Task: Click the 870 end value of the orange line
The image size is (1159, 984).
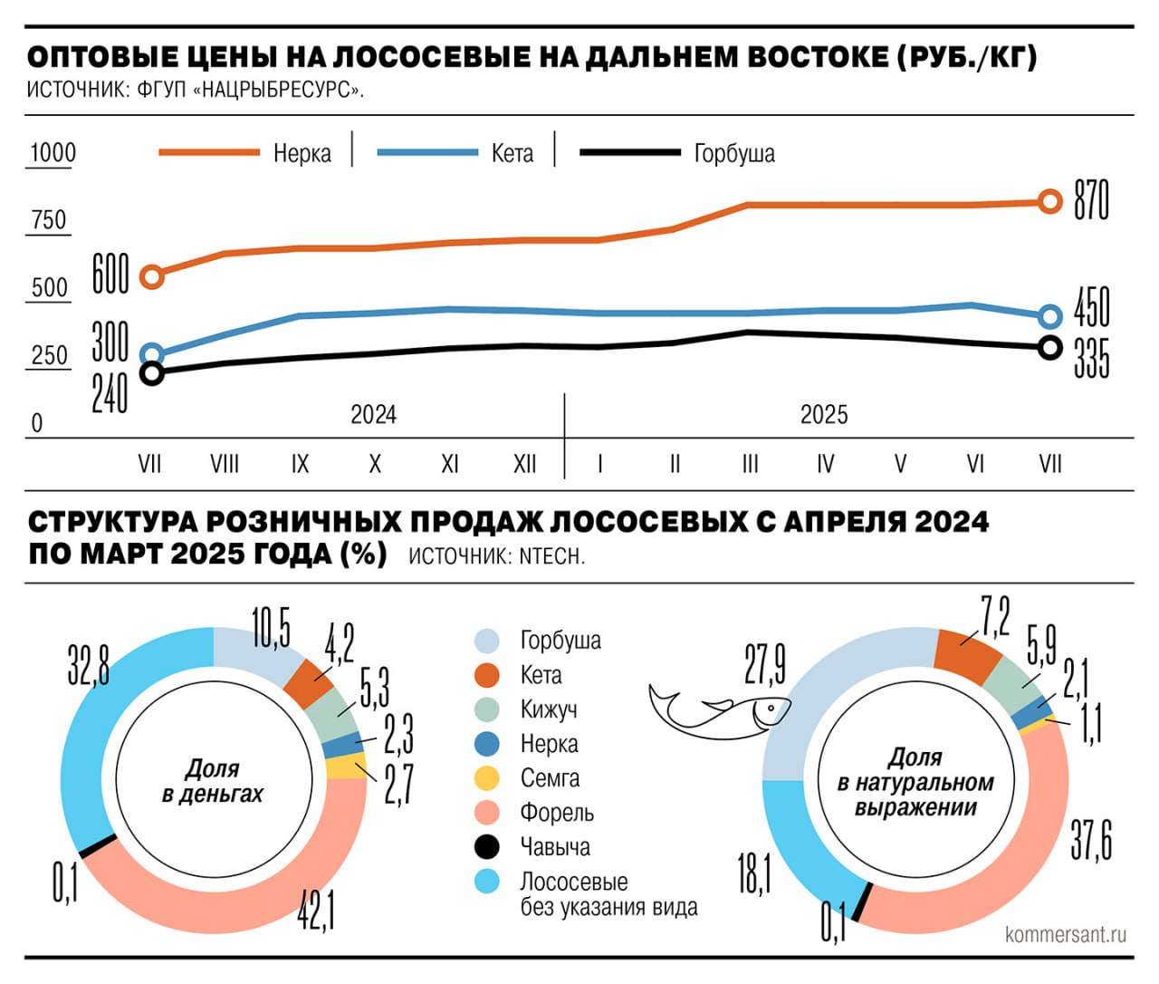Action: [x=1091, y=200]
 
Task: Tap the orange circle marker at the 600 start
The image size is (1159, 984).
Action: [x=152, y=276]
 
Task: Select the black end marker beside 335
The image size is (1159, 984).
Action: [x=1050, y=348]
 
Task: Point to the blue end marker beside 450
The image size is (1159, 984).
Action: [x=1050, y=316]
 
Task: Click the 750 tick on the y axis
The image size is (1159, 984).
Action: [x=49, y=220]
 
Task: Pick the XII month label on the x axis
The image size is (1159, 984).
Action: [x=525, y=465]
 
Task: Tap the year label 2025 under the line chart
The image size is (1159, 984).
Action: [x=824, y=415]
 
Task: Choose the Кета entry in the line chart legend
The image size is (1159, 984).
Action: [x=512, y=154]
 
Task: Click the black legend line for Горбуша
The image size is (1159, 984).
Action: [x=629, y=153]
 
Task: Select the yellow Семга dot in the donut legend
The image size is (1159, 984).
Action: [x=487, y=778]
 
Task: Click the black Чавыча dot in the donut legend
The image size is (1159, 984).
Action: [x=487, y=847]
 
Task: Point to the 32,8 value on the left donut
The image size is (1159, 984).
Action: [x=89, y=665]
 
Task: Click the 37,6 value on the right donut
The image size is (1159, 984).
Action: [x=1091, y=841]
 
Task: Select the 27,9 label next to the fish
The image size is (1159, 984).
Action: [x=765, y=665]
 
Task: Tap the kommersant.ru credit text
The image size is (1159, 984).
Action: [x=1066, y=934]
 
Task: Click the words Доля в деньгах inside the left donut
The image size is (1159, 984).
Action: [x=212, y=781]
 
